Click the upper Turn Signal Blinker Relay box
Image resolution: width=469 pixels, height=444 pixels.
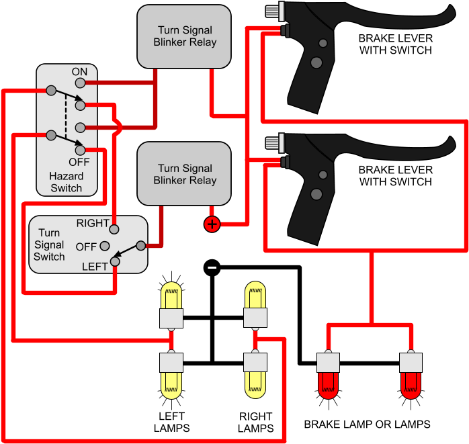pyautogui.click(x=184, y=36)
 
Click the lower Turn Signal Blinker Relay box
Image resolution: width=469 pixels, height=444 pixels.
pyautogui.click(x=184, y=174)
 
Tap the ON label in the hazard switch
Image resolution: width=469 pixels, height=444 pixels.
pyautogui.click(x=79, y=71)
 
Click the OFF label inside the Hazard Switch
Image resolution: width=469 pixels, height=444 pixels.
pyautogui.click(x=79, y=162)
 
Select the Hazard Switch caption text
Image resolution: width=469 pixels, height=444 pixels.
pyautogui.click(x=66, y=182)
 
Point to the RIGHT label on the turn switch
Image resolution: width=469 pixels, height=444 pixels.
pyautogui.click(x=93, y=223)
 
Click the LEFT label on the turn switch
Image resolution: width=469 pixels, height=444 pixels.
pyautogui.click(x=94, y=267)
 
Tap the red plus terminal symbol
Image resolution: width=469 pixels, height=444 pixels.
pyautogui.click(x=212, y=224)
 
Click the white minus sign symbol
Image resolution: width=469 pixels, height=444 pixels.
pyautogui.click(x=212, y=267)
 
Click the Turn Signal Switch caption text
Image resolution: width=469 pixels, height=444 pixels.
pyautogui.click(x=49, y=245)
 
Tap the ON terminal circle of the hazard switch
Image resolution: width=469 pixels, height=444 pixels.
pyautogui.click(x=80, y=83)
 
